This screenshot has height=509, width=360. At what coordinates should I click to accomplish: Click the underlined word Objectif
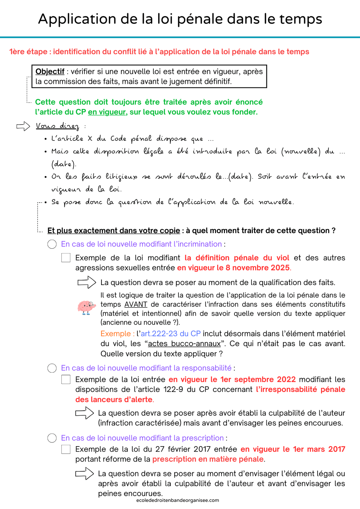[x=50, y=72]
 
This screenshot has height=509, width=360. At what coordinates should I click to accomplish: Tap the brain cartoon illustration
[x=86, y=307]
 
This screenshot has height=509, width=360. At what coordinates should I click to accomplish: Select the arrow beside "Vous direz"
[x=23, y=127]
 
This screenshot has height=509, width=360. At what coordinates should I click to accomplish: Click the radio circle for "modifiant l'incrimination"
[x=52, y=244]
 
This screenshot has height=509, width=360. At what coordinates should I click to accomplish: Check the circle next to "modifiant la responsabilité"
[x=52, y=368]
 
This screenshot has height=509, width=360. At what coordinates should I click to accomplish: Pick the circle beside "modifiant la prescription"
[x=52, y=438]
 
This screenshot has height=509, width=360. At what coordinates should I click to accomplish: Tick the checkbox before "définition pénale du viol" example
[x=66, y=258]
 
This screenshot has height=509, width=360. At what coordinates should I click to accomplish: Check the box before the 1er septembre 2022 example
[x=66, y=379]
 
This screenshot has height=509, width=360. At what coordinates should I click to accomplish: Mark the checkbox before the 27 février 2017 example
[x=66, y=449]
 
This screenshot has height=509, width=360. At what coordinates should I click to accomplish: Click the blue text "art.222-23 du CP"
[x=171, y=334]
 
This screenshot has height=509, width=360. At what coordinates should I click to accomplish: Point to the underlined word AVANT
[x=136, y=304]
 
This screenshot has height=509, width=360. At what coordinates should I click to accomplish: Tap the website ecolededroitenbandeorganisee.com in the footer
[x=177, y=500]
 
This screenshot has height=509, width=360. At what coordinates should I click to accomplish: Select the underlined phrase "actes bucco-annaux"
[x=184, y=344]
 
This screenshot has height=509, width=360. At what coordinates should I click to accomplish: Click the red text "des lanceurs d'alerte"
[x=114, y=399]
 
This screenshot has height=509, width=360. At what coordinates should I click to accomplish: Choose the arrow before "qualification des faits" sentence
[x=87, y=282]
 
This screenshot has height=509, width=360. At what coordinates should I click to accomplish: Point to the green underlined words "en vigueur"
[x=107, y=112]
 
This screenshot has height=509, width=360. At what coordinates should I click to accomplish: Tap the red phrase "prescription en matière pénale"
[x=208, y=459]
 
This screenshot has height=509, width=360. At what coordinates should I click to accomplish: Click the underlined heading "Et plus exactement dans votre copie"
[x=114, y=231]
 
